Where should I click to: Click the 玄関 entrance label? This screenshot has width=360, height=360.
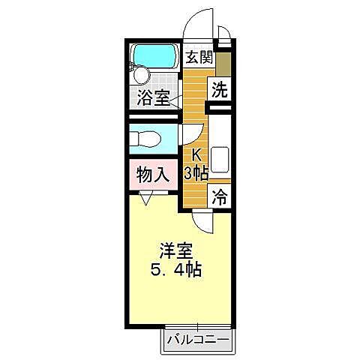coord(197,57)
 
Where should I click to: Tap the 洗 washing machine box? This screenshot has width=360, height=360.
coord(218,89)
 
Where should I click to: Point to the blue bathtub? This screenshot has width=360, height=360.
coord(153,56)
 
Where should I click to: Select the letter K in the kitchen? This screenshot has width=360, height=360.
coord(197,155)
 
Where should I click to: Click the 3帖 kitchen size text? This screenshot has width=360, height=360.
coord(196,173)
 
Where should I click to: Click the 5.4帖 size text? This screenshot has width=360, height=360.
coord(174,270)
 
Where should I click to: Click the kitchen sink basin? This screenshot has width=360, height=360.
coord(220,160)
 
